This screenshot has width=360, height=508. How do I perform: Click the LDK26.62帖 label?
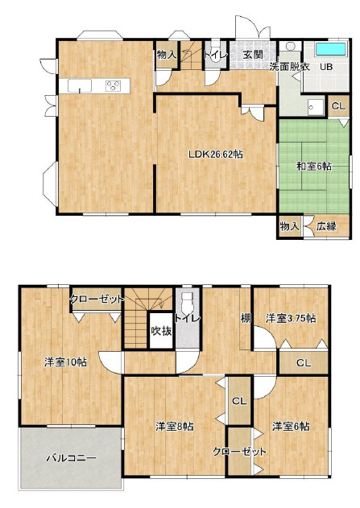(216, 155)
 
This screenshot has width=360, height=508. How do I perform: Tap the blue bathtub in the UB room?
(331, 49)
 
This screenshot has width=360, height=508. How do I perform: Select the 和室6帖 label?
(314, 167)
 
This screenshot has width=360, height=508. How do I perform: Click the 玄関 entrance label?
(253, 55)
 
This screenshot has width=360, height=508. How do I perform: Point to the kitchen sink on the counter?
(80, 86)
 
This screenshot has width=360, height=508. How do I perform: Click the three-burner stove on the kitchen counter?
(114, 86)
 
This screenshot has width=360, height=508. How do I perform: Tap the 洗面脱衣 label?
(290, 67)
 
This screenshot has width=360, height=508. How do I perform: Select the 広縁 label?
(326, 226)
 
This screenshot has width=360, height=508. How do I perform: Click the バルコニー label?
(71, 458)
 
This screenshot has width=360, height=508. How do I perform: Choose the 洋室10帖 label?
(65, 362)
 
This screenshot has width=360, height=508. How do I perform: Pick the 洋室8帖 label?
(174, 427)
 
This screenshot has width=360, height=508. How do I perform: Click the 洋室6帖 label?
(291, 427)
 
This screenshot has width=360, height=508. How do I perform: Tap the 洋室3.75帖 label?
(291, 318)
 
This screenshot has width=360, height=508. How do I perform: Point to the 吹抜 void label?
(161, 331)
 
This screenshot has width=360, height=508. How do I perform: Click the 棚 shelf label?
(246, 318)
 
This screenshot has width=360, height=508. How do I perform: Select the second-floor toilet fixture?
(187, 301)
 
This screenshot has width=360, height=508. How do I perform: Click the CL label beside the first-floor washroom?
(339, 106)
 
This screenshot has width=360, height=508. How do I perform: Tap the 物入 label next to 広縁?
(289, 226)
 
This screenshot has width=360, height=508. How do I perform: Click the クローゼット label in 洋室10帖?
(97, 299)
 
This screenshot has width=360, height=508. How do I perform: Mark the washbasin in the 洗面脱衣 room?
(315, 106)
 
